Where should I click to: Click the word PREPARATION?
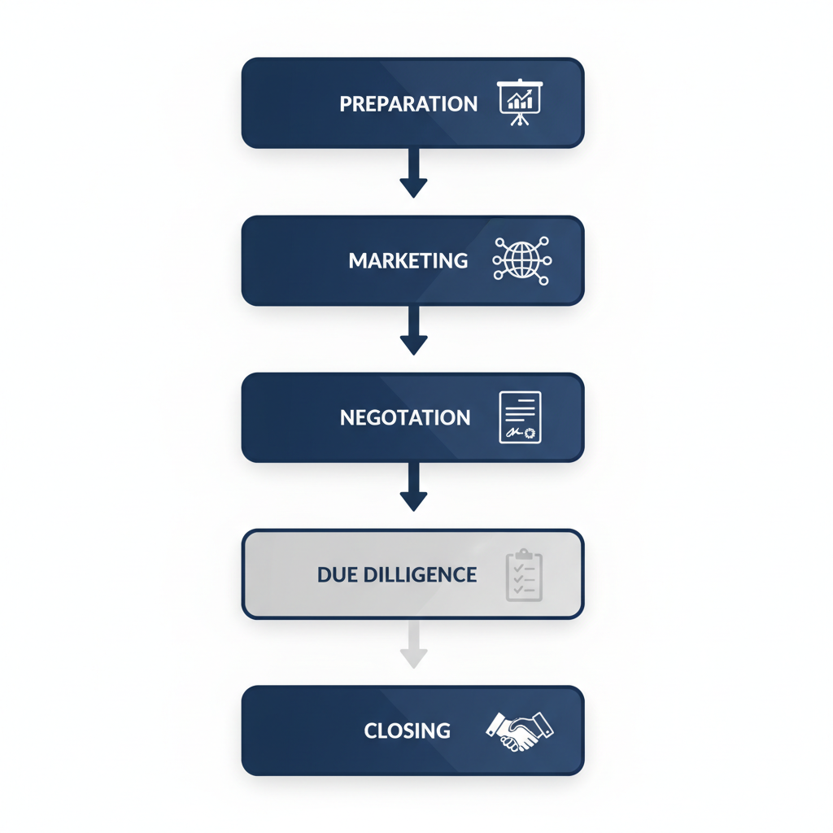[x=408, y=104]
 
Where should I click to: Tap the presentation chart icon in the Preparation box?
[x=520, y=102]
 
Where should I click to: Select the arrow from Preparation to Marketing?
[x=413, y=172]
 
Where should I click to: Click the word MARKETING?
[x=408, y=261]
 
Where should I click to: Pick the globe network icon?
[x=521, y=260]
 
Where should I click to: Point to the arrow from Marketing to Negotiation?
[x=413, y=329]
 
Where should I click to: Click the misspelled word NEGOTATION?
[x=405, y=418]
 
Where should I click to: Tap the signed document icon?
[x=520, y=417]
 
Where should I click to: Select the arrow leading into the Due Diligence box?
[x=413, y=486]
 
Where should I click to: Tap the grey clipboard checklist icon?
[x=524, y=575]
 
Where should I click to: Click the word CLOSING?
[x=407, y=731]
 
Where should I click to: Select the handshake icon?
[x=519, y=730]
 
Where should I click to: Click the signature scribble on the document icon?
[x=514, y=432]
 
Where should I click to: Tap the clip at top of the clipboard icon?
[x=524, y=553]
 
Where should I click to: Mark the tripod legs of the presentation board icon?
[x=519, y=120]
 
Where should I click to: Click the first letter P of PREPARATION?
[x=345, y=104]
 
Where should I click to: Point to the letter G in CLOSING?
[x=443, y=731]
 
